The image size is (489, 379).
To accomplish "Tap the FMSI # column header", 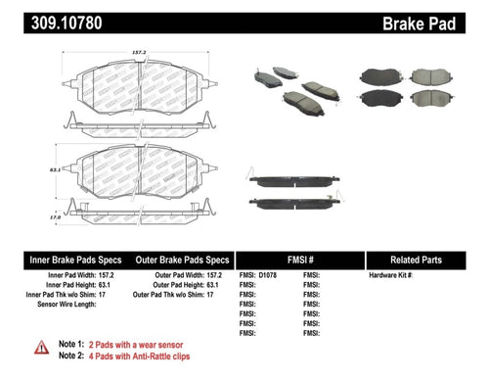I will [300, 261].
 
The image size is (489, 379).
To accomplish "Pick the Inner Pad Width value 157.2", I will [116, 276].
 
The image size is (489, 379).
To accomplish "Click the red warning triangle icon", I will [40, 347].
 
